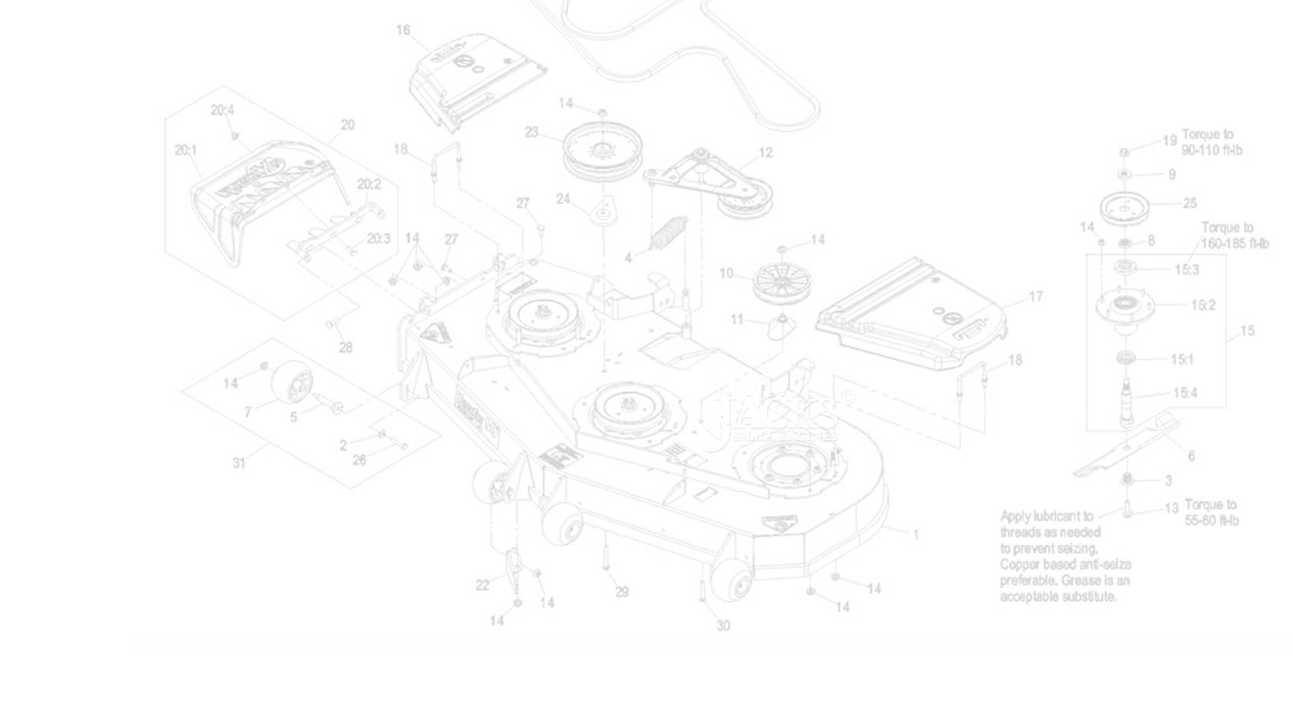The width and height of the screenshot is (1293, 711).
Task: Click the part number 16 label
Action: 403,30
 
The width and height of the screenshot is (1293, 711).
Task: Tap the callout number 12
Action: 765,152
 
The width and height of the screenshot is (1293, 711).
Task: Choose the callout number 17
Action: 1035,296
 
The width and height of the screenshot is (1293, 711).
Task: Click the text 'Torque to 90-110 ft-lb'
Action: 1211,142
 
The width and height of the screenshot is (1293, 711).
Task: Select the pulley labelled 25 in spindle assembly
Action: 1125,206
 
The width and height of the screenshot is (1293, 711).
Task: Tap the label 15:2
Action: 1203,305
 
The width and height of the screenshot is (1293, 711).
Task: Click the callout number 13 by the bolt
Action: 1170,508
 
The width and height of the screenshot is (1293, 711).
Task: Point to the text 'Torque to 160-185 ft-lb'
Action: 1234,236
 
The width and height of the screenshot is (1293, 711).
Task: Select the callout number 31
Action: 239,463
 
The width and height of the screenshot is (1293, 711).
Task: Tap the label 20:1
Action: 185,150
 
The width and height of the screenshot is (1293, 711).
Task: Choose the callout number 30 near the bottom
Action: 723,625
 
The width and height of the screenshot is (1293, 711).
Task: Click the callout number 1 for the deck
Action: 915,535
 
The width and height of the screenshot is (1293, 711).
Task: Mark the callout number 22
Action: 482,585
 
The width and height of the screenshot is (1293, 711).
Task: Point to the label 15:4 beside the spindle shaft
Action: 1184,393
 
